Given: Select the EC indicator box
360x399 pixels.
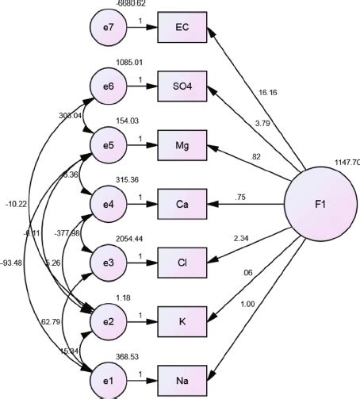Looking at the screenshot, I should [182, 29].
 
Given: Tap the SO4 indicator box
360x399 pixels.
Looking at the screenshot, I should [182, 87].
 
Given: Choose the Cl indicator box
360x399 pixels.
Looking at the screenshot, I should [182, 261].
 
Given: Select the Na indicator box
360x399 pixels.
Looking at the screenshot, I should [182, 376].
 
